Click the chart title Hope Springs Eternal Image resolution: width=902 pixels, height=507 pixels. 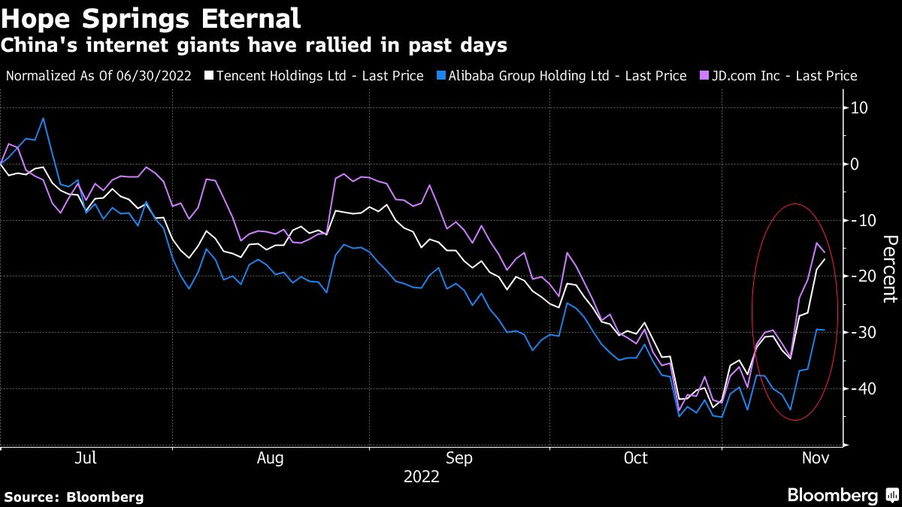pyautogui.click(x=151, y=17)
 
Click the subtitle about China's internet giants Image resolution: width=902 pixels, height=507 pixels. pyautogui.click(x=253, y=46)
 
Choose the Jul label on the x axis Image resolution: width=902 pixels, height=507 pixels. pyautogui.click(x=86, y=458)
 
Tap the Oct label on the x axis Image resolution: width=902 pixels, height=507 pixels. pyautogui.click(x=636, y=458)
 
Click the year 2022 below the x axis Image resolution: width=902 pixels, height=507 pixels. pyautogui.click(x=422, y=476)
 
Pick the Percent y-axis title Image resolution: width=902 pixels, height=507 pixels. pyautogui.click(x=889, y=268)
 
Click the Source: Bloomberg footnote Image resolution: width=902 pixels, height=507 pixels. pyautogui.click(x=74, y=496)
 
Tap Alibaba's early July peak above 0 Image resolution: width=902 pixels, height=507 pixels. pyautogui.click(x=43, y=119)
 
